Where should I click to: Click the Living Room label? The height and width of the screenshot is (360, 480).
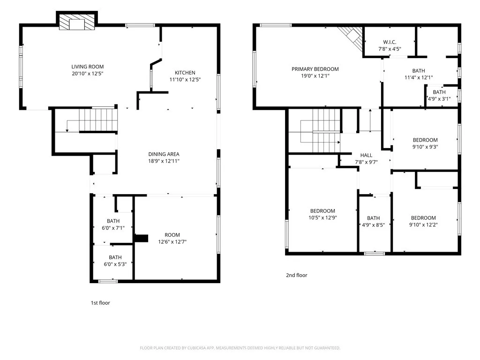[88, 70]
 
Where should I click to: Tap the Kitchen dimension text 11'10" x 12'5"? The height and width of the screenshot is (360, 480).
[185, 80]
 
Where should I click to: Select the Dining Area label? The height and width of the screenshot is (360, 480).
[164, 157]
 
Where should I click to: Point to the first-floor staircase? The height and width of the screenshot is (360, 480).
[98, 120]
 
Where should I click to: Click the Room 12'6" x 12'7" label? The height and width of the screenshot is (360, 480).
[172, 239]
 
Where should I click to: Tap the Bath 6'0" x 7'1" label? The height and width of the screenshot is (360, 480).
[113, 225]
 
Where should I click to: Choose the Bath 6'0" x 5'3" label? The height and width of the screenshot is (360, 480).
[115, 261]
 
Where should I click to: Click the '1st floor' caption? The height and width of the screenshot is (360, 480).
[100, 303]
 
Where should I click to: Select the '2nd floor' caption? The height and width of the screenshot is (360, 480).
[297, 275]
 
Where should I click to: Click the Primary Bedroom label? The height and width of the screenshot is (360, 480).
[315, 73]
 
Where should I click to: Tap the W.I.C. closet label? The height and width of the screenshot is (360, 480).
[390, 45]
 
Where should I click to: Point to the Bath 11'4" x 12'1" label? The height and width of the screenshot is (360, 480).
[419, 74]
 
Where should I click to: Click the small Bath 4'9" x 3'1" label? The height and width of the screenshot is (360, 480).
[439, 96]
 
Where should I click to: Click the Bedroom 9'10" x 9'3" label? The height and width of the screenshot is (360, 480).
[425, 143]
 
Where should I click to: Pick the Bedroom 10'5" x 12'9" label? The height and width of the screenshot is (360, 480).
[322, 214]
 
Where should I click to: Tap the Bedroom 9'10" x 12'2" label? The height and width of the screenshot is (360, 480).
[423, 221]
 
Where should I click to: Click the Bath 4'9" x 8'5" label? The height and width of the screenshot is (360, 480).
[373, 222]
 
